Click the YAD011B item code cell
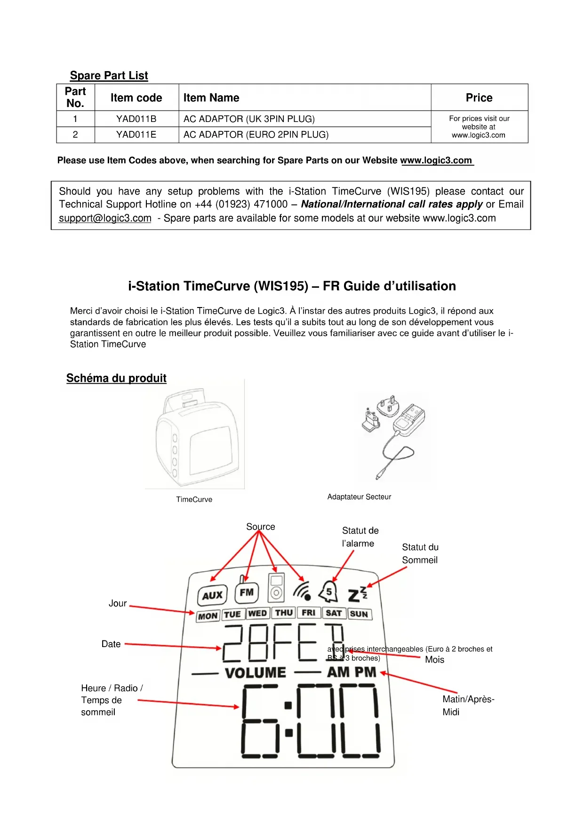[x=136, y=119]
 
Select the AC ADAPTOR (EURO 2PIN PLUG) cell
[x=256, y=135]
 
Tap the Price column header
[x=479, y=97]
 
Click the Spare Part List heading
[x=109, y=75]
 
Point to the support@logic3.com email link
[x=105, y=219]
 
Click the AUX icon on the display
[x=212, y=595]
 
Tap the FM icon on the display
[x=247, y=592]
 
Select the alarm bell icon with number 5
[x=328, y=592]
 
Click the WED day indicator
[x=257, y=613]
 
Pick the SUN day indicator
[x=359, y=614]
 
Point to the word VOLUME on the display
[x=256, y=672]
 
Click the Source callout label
[x=260, y=526]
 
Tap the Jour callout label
[x=118, y=603]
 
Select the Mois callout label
[x=434, y=660]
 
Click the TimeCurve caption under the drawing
[x=194, y=499]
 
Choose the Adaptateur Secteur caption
[x=359, y=496]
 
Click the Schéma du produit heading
[x=116, y=378]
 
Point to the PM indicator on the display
[x=366, y=672]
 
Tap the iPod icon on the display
[x=276, y=588]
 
